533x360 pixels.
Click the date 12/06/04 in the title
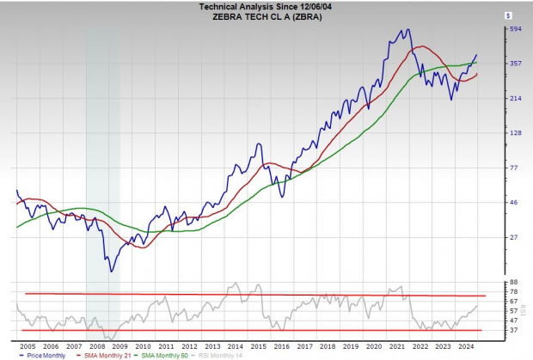coord(304,7)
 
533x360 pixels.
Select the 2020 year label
coord(373,345)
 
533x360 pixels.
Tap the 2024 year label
coord(465,345)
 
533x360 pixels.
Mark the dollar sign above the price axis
coord(510,15)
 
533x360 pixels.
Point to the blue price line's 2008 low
coord(111,272)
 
